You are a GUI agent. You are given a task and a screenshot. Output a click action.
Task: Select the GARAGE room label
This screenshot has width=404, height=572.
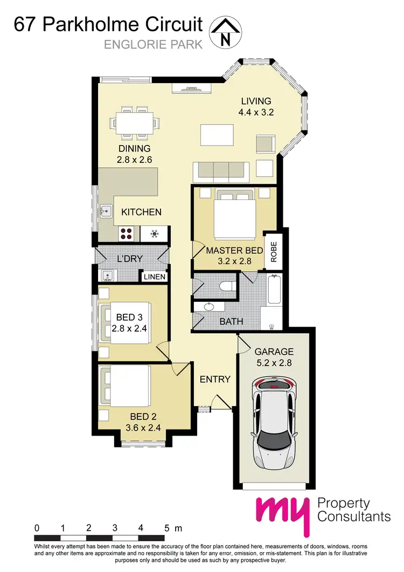[274, 352]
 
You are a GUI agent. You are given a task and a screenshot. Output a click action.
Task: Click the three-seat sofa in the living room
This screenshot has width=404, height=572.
[221, 171]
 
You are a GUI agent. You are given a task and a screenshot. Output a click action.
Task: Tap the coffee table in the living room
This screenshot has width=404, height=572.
[218, 133]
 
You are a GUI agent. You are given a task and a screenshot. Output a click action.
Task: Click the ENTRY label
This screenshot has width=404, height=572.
[215, 380]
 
